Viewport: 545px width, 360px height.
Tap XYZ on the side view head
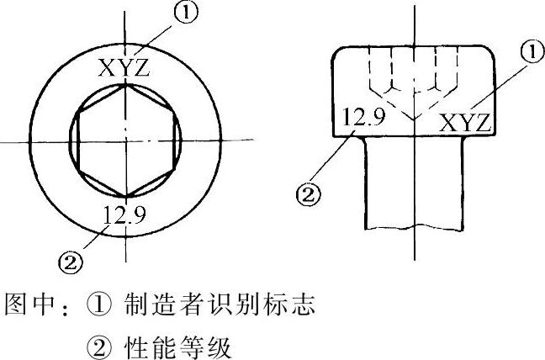465,123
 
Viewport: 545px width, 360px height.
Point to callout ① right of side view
532,52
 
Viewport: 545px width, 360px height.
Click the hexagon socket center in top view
124,140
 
